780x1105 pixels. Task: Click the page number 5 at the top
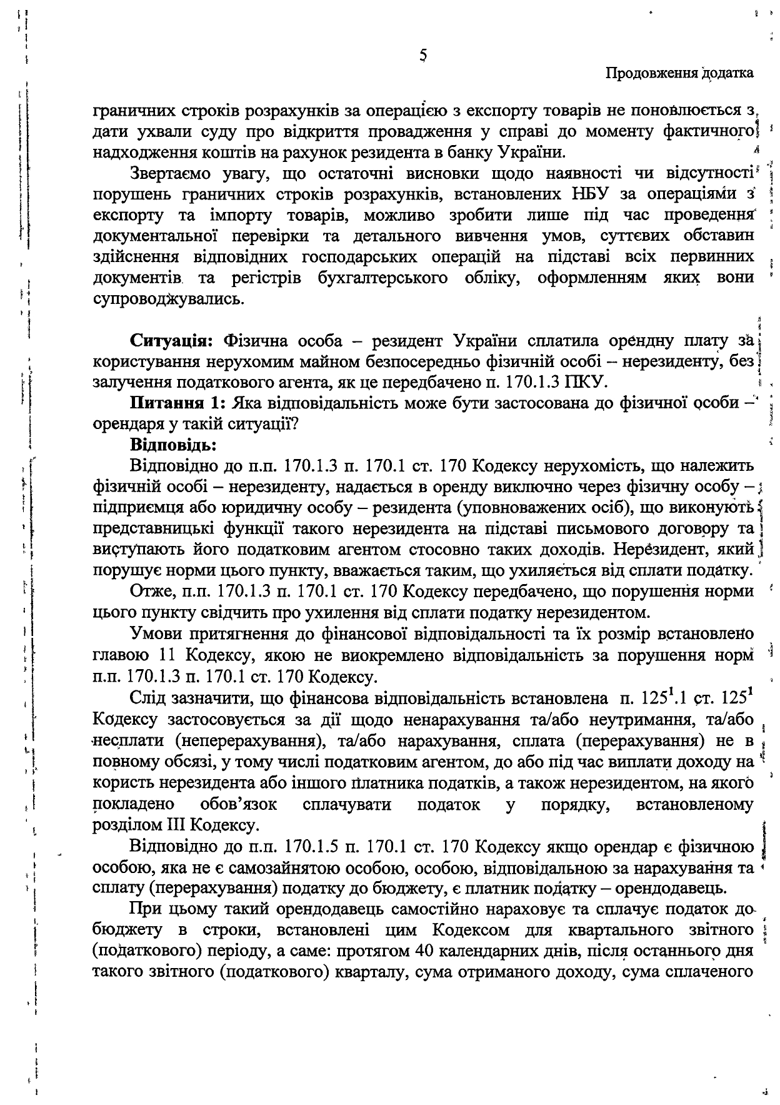(423, 56)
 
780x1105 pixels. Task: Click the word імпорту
(234, 216)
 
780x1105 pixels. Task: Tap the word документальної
(155, 236)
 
